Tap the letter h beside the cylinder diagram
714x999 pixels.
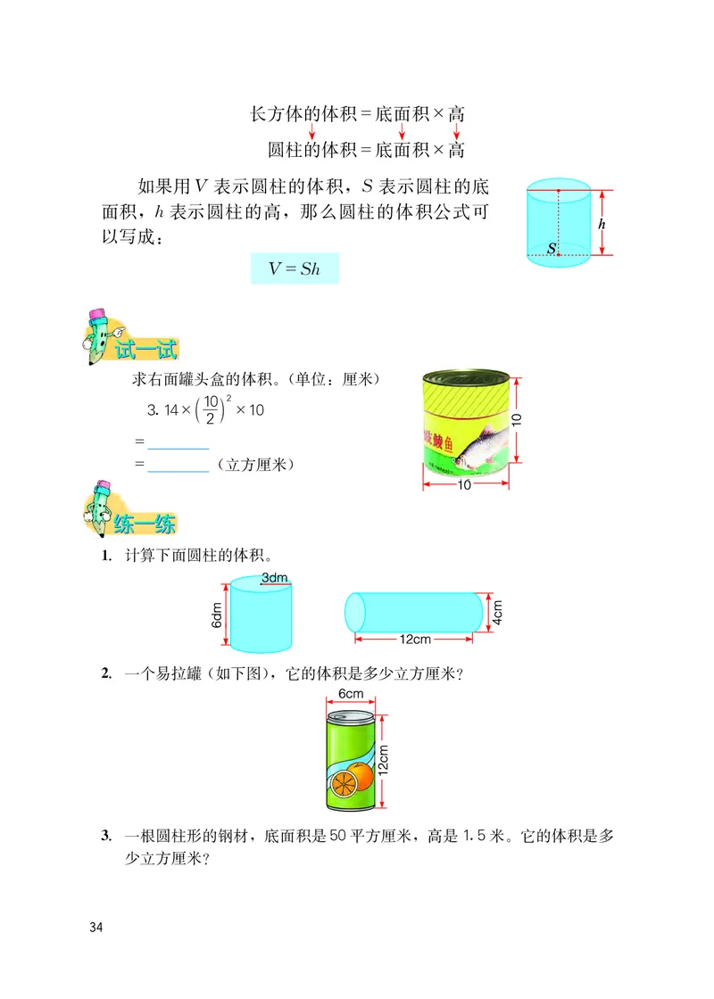(x=602, y=225)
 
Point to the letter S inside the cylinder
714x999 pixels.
(x=552, y=247)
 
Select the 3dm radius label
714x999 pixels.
(x=275, y=579)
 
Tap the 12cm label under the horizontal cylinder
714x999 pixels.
(x=416, y=640)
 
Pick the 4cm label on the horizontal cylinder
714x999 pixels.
(x=497, y=612)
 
